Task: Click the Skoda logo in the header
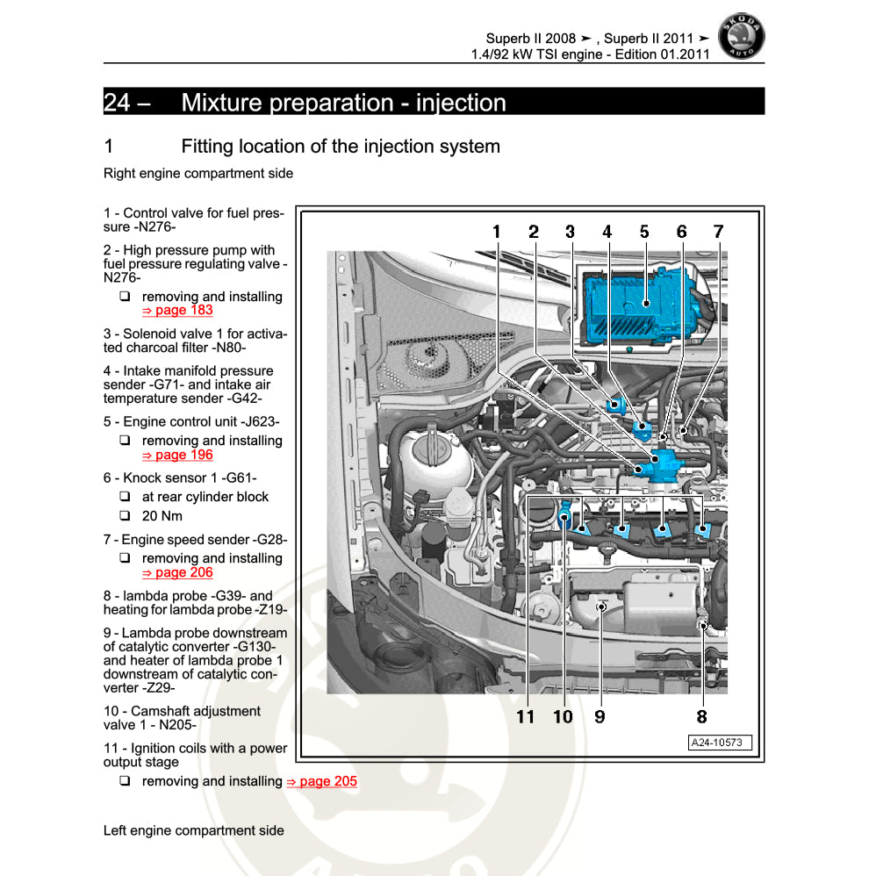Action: coord(741,38)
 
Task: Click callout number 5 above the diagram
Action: coord(644,232)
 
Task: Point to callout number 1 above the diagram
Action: coord(496,232)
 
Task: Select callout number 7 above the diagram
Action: coord(718,232)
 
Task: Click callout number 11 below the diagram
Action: coord(525,716)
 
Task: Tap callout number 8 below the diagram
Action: coord(701,716)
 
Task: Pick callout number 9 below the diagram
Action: coord(600,716)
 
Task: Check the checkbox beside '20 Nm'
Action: coord(125,516)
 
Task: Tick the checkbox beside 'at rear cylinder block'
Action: coord(125,497)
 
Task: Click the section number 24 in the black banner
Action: coord(118,102)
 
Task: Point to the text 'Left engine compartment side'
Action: coord(193,830)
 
